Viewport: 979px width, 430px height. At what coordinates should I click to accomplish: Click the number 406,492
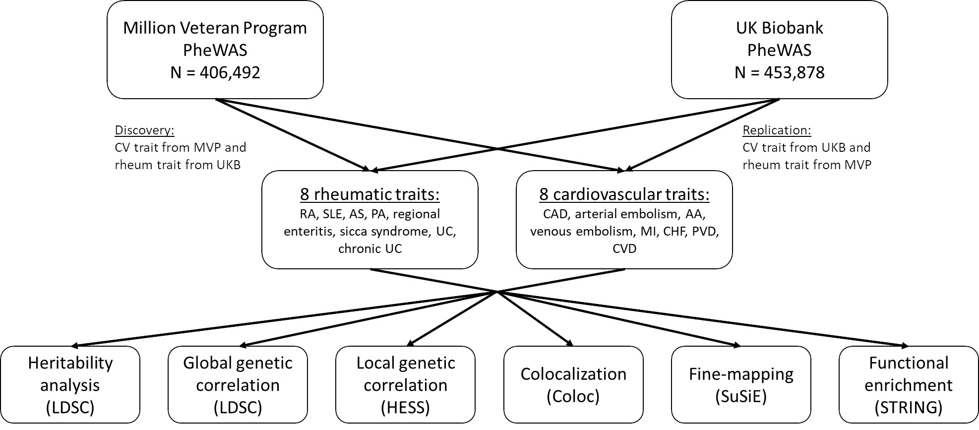click(x=230, y=72)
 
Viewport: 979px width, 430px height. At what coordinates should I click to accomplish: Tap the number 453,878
click(x=794, y=72)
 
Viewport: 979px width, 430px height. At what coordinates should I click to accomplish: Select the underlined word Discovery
click(x=145, y=130)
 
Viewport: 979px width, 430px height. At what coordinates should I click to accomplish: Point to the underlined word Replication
click(x=777, y=130)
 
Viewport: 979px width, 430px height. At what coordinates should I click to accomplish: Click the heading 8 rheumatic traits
click(x=369, y=194)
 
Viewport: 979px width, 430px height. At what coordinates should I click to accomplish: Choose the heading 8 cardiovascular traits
click(x=624, y=194)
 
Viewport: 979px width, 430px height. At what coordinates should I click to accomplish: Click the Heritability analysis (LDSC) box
click(x=70, y=384)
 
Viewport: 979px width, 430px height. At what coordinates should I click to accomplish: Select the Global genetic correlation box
click(x=238, y=384)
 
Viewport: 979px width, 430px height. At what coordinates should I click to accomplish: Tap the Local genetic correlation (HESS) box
click(x=405, y=384)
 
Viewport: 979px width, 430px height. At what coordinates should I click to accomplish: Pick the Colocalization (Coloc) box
click(x=573, y=384)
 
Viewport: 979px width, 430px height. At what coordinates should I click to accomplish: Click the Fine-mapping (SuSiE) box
click(x=741, y=384)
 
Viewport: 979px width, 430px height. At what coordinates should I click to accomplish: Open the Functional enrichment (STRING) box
click(x=909, y=384)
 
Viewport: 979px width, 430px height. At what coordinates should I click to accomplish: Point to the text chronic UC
click(x=370, y=248)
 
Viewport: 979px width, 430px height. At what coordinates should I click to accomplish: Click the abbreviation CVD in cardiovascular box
click(x=624, y=248)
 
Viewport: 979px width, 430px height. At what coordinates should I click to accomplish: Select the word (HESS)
click(x=405, y=408)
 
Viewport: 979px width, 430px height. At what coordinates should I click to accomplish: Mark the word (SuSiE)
click(x=741, y=396)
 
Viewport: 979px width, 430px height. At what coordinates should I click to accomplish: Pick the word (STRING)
click(x=909, y=408)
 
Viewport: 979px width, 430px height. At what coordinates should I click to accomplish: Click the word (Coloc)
click(x=573, y=396)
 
